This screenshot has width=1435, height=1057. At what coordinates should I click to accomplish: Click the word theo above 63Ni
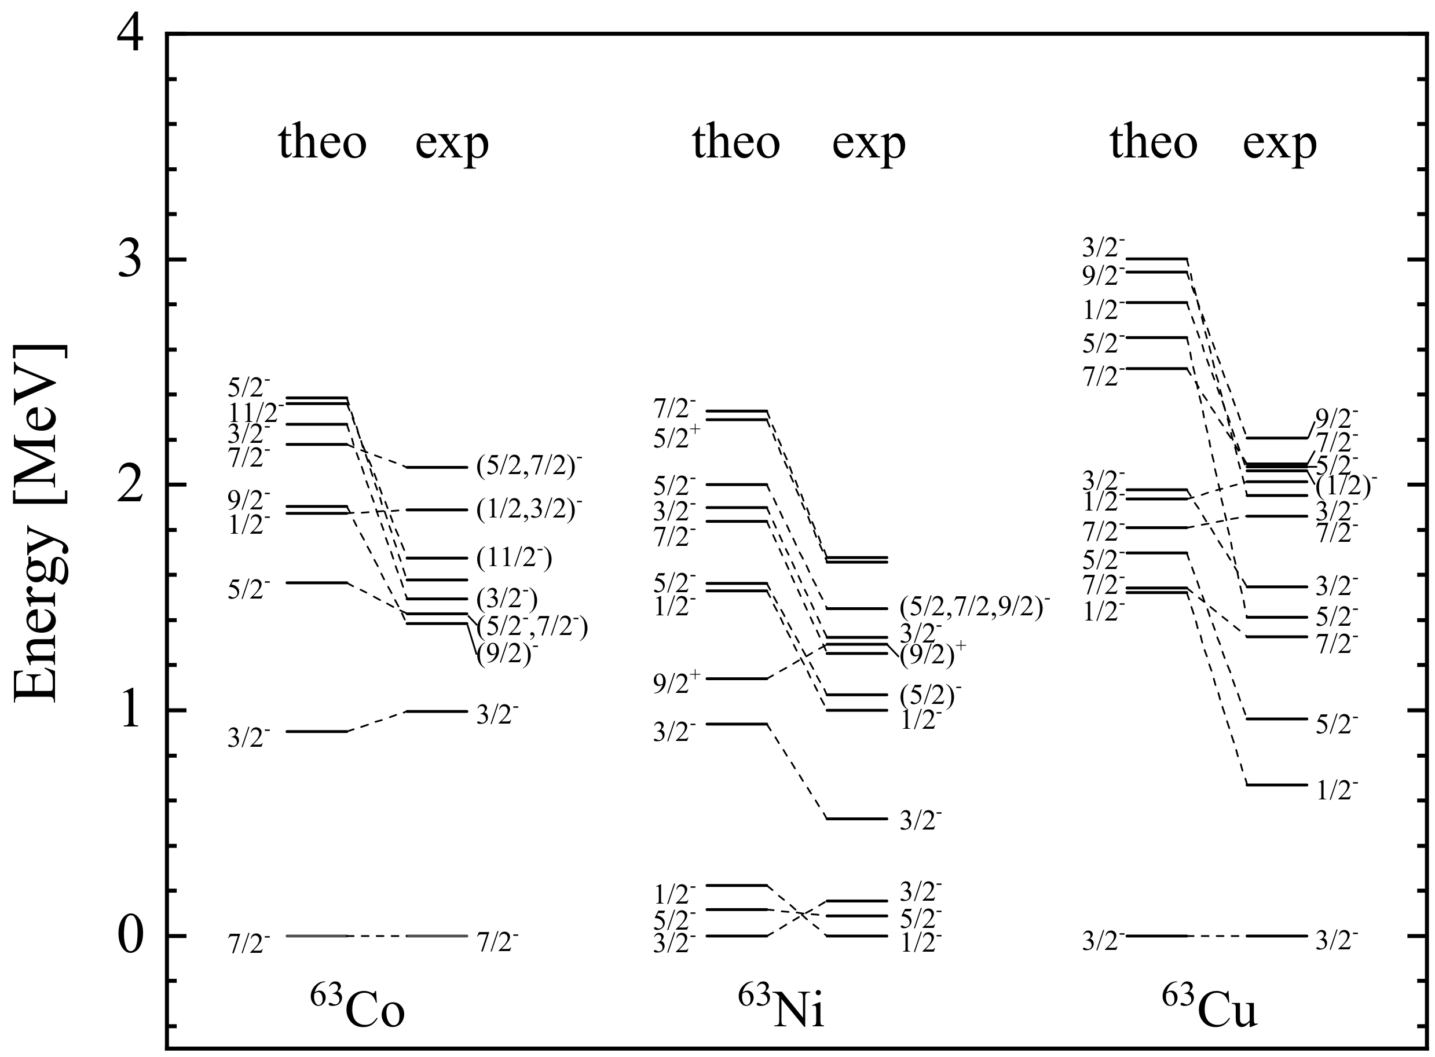pos(736,142)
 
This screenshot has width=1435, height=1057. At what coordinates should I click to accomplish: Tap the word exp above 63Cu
pos(1279,144)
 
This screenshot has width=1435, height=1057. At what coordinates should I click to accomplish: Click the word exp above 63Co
pos(452,144)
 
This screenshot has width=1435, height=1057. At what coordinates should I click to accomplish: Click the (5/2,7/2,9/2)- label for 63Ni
pos(975,606)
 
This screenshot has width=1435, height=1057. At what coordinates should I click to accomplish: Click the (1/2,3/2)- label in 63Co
pos(529,510)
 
